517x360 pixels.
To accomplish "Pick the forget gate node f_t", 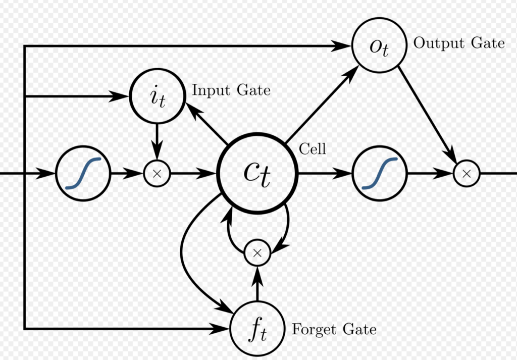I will pos(257,329).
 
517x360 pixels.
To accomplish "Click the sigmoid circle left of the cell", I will pos(83,173).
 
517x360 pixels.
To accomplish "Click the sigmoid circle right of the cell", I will pos(379,173).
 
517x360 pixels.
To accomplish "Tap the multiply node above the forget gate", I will pos(257,253).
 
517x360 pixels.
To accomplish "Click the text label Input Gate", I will pos(231,90).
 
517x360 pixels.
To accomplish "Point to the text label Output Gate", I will pos(459,43).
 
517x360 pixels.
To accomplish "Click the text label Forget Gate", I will pos(334,330).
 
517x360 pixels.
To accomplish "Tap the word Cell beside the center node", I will pos(313,149).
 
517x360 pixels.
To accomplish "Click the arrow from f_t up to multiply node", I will pos(257,285).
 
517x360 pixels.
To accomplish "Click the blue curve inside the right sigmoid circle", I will pos(380,173).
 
